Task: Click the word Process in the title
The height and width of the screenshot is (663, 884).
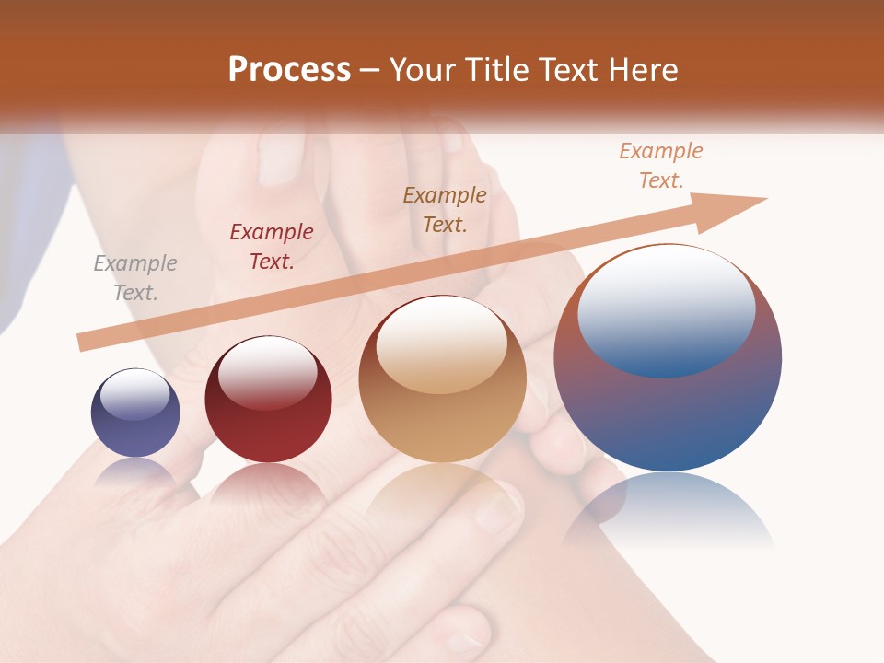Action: click(289, 70)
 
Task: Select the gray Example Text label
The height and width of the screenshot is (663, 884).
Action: click(135, 278)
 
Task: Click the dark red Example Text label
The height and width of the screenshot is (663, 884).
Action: click(272, 247)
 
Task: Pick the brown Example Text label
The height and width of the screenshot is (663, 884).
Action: click(445, 209)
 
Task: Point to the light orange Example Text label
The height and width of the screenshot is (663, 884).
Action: click(661, 166)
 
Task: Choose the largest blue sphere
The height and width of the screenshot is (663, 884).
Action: click(668, 405)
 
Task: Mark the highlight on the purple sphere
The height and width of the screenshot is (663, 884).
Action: click(134, 394)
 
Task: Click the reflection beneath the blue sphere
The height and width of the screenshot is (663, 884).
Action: click(669, 511)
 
